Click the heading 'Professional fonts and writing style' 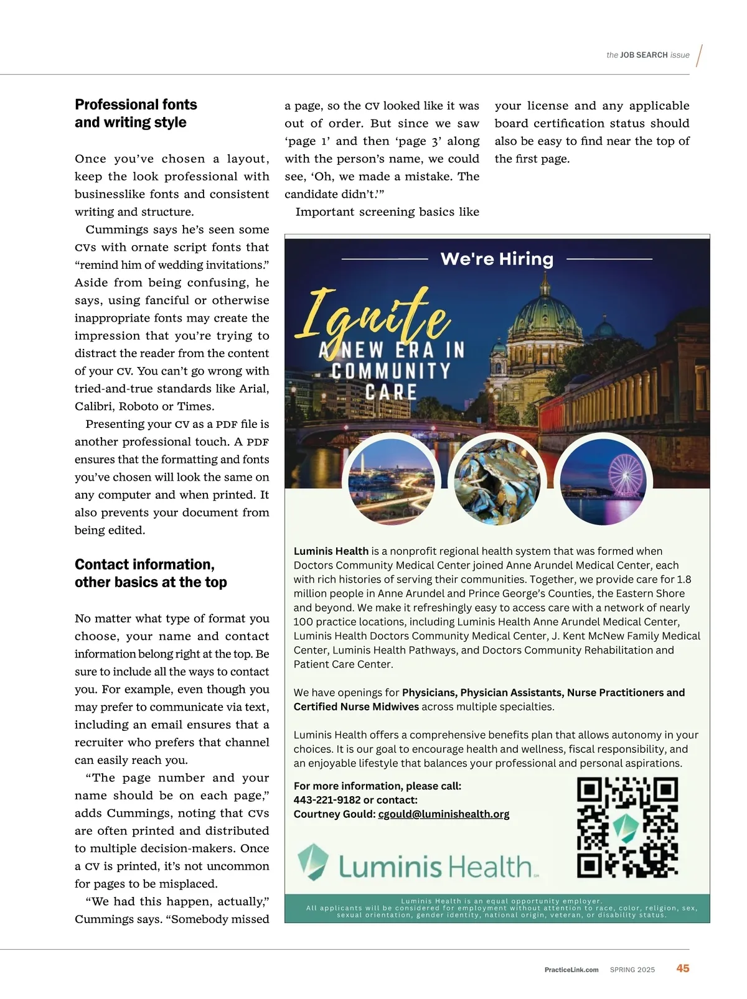coord(136,113)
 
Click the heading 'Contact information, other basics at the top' coord(151,573)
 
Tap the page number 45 coord(683,969)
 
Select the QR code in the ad coord(627,827)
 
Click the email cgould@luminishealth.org coord(444,814)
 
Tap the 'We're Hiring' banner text coord(497,259)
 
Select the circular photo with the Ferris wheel coord(603,481)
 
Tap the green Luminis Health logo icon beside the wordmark coord(313,862)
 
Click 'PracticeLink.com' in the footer coord(571,970)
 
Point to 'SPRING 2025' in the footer coord(632,970)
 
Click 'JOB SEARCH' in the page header coord(644,55)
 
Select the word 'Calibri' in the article coord(94,407)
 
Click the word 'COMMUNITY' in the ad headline coord(391,371)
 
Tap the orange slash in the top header coord(700,55)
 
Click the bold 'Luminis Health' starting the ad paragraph coord(331,551)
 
